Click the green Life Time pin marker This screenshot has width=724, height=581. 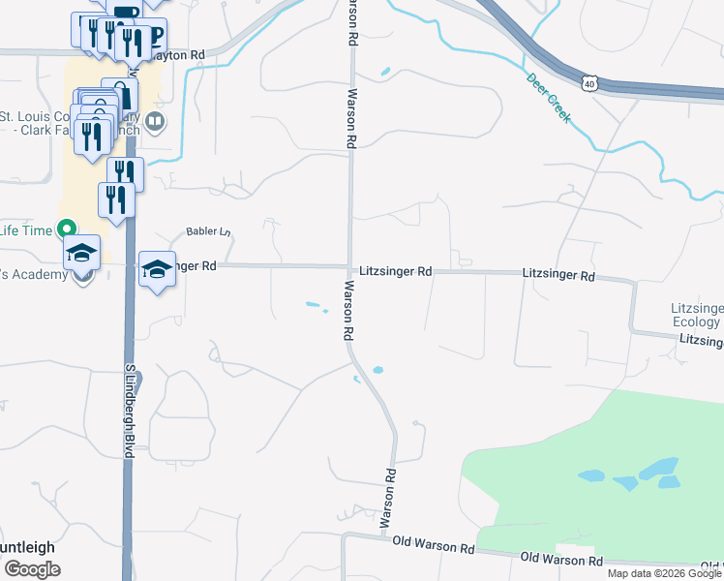[x=66, y=229]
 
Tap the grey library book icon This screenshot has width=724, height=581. [x=155, y=123]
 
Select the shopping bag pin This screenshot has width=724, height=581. [x=121, y=94]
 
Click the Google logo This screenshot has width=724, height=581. [x=32, y=569]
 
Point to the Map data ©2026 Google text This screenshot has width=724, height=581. [x=663, y=573]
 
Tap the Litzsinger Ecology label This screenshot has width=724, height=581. [x=696, y=315]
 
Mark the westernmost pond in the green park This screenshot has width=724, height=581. [x=591, y=475]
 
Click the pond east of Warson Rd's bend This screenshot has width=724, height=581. [x=377, y=370]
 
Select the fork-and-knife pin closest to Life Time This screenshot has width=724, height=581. [x=115, y=200]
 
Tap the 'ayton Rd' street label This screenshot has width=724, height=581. [x=185, y=55]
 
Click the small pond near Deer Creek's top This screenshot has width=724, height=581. [x=386, y=71]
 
